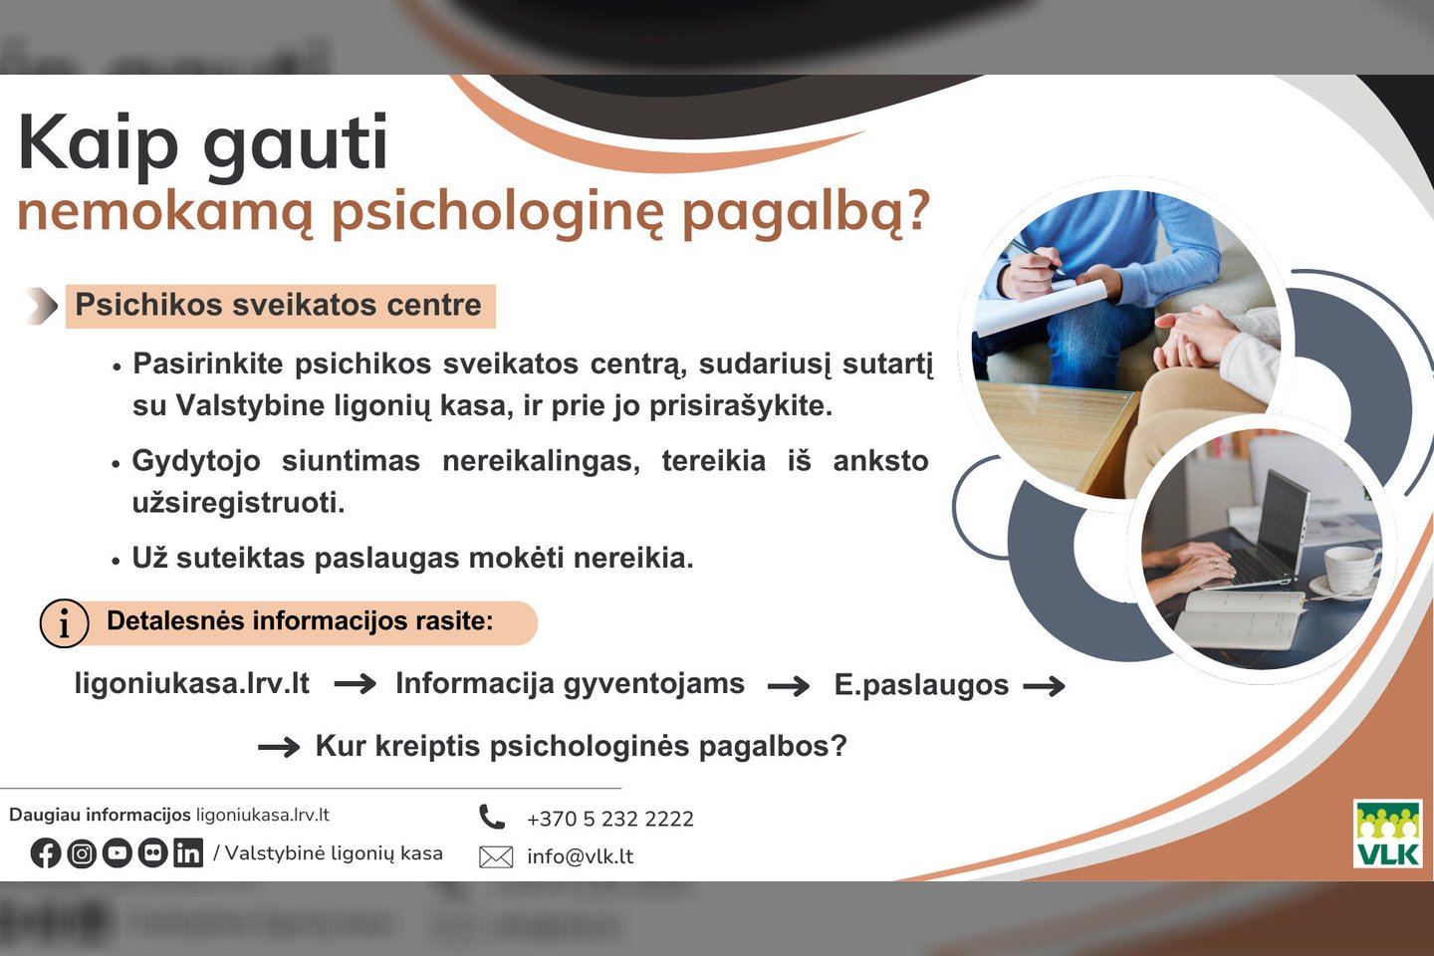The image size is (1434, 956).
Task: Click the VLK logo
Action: pos(1387,834)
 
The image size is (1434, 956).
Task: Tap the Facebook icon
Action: pos(46,852)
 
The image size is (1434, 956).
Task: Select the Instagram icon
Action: pos(82,852)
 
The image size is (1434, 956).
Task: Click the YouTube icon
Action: pos(117,852)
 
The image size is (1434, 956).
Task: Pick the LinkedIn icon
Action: pos(188,852)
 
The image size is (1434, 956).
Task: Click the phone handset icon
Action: pos(492,817)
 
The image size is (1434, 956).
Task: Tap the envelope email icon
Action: pos(496,856)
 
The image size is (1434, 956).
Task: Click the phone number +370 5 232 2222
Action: pos(610,819)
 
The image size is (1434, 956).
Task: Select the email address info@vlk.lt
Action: pos(580,856)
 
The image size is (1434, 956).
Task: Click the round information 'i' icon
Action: pos(64,623)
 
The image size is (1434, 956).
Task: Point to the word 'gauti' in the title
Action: pos(295,143)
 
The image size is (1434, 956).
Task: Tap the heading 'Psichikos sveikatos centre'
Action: pos(279,305)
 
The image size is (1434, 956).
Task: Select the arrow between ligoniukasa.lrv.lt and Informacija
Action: pos(356,684)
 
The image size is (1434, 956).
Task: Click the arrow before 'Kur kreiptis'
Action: pos(279,747)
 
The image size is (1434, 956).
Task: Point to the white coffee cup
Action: pos(1348,569)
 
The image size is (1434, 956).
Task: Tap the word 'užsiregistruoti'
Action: pos(238,503)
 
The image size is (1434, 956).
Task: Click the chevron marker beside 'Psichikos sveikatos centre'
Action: pos(43,306)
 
